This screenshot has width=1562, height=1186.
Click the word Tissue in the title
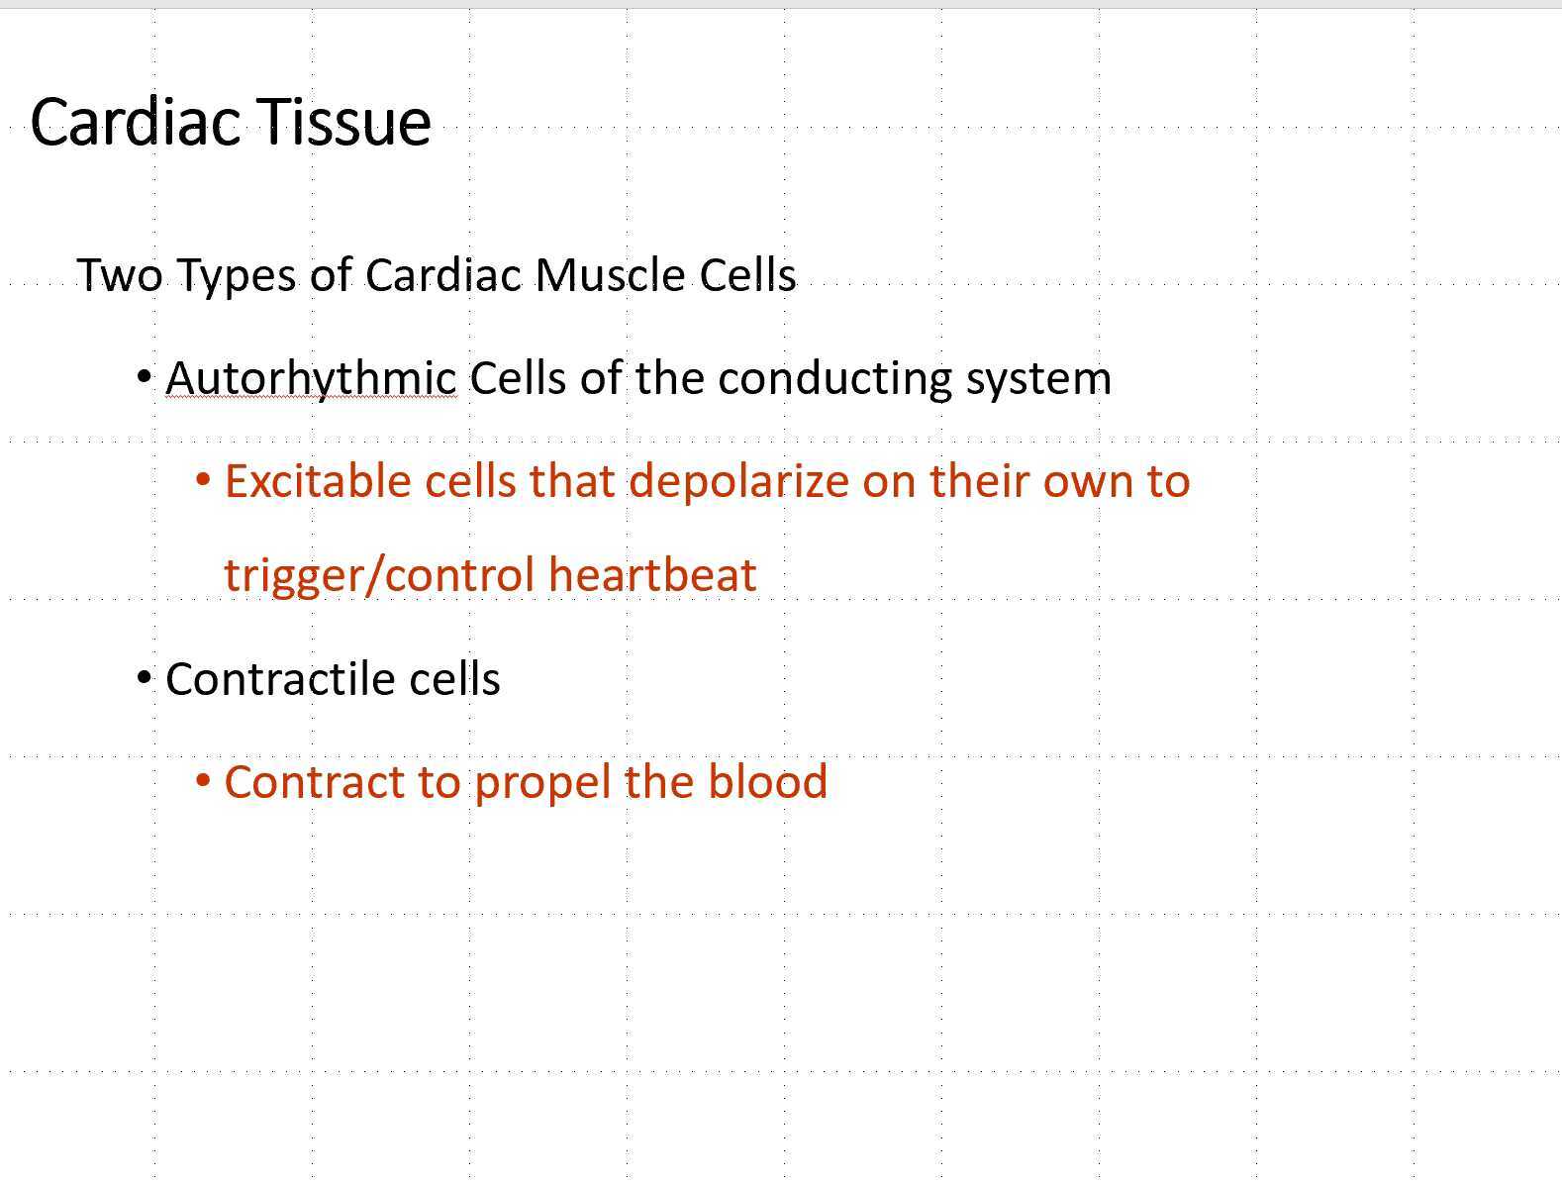click(x=345, y=122)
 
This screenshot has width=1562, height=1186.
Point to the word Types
click(x=237, y=275)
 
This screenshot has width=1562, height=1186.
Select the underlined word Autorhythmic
click(x=311, y=378)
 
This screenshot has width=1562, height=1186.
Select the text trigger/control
click(x=379, y=575)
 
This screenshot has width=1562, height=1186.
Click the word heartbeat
click(x=652, y=575)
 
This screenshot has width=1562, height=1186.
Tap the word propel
click(x=541, y=782)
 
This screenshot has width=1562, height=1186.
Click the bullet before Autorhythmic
click(x=145, y=377)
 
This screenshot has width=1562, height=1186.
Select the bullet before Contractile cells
click(x=145, y=678)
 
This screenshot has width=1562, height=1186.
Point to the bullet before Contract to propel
click(x=204, y=781)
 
